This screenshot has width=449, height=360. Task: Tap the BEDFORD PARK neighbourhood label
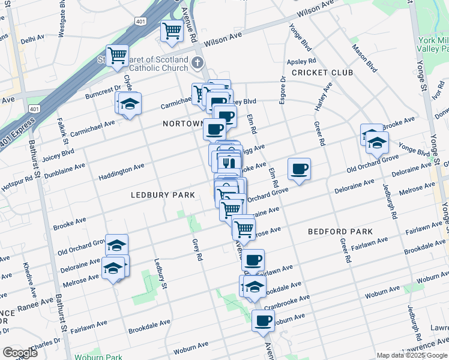[x=340, y=231]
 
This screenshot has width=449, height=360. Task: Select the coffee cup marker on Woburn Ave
[x=263, y=321]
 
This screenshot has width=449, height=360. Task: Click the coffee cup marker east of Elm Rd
[x=299, y=169]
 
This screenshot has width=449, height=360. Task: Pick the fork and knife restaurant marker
[x=228, y=162]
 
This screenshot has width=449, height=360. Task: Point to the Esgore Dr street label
[x=282, y=89]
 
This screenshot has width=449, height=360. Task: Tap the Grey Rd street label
[x=196, y=250]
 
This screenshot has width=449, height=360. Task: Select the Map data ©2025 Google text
[x=412, y=355]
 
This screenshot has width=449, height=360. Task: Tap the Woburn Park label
[x=98, y=357]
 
